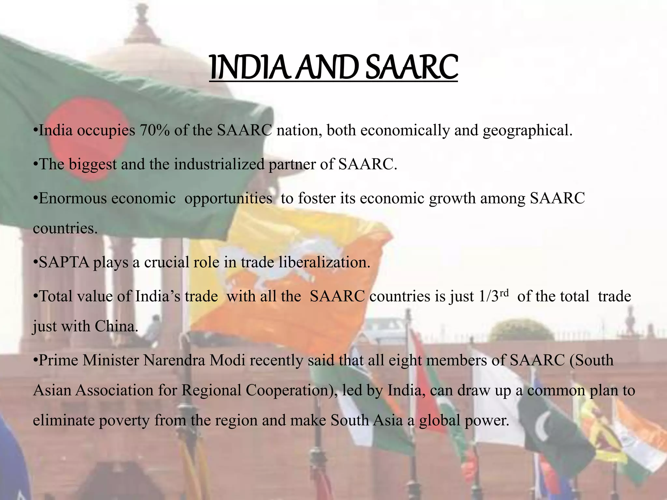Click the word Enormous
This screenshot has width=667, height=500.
coord(73,198)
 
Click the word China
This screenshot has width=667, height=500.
coord(117,326)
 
